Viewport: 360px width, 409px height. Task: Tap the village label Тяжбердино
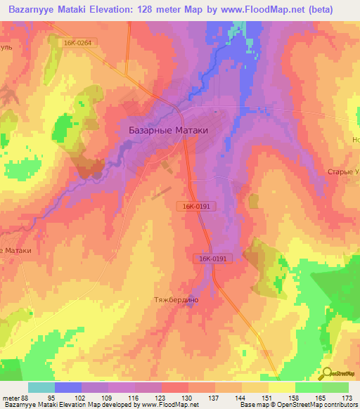coord(176,299)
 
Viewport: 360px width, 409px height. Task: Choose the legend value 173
coord(347,397)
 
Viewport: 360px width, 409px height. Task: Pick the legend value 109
coord(108,397)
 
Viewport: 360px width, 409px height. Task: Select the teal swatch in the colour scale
coord(41,387)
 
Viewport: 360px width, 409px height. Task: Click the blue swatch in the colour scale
coord(68,387)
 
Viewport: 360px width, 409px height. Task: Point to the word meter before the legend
coord(10,397)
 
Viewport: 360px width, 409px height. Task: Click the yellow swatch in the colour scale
coord(281,387)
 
